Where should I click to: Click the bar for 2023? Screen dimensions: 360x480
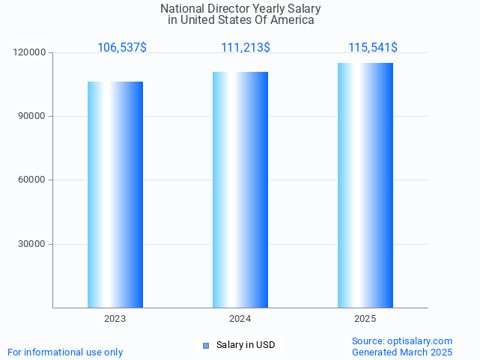115,195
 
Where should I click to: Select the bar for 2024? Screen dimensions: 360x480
240,190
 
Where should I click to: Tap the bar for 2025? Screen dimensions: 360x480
365,186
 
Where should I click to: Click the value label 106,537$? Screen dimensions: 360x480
122,48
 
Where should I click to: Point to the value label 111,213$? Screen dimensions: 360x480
246,48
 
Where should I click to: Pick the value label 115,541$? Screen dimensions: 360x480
373,48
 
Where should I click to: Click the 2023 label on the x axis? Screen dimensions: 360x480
115,319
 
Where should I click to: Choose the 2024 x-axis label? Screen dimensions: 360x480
240,319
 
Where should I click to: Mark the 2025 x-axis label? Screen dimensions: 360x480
365,319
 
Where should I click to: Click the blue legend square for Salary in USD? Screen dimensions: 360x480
207,345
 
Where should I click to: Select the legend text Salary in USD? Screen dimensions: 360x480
246,345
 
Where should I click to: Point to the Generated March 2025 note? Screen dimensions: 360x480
402,352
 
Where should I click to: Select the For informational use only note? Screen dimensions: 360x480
65,352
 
